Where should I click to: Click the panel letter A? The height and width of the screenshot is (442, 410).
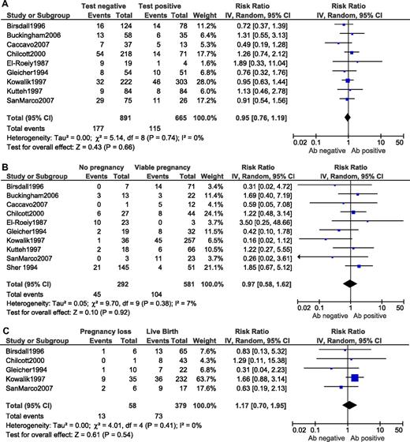[x=6, y=5]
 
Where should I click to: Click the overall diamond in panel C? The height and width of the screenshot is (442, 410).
[x=352, y=398]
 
